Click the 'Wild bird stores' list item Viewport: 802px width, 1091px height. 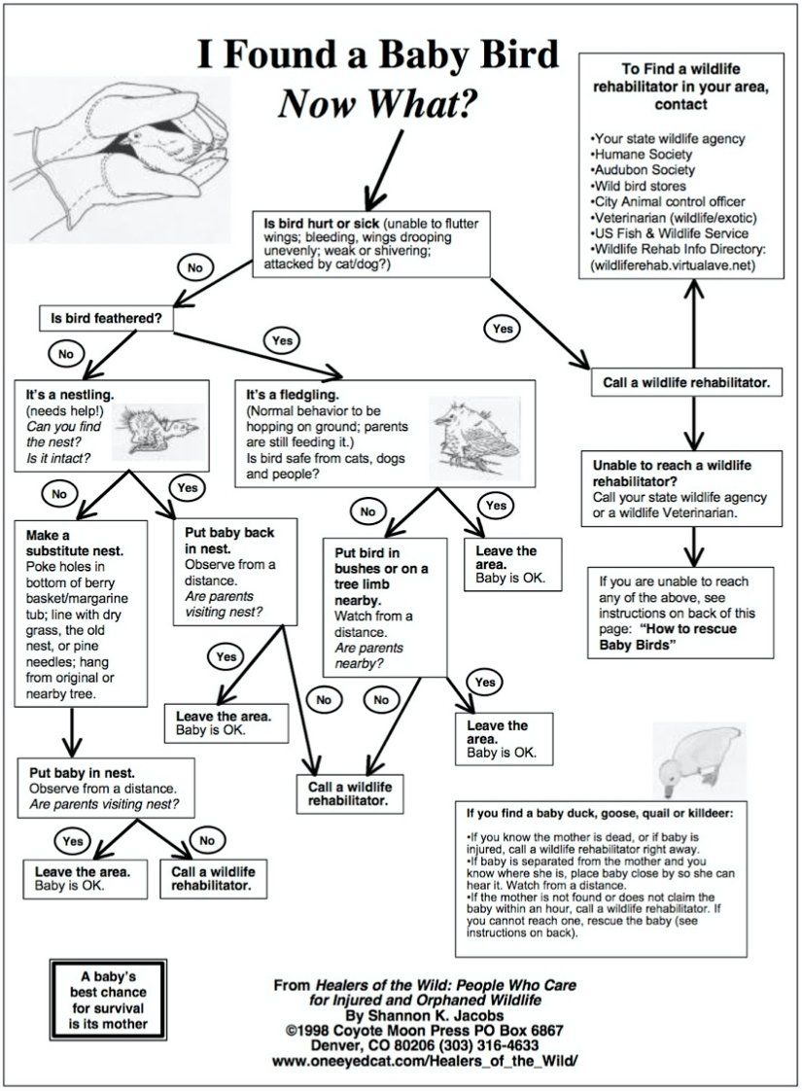click(x=638, y=186)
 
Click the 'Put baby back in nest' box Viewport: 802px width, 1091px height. click(x=227, y=573)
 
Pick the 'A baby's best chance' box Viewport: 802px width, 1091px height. click(x=101, y=997)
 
